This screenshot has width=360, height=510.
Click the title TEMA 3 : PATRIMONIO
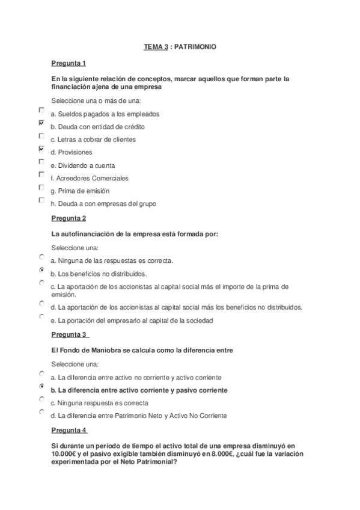[180, 46]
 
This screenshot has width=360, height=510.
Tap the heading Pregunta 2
[69, 218]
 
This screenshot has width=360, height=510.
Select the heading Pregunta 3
[69, 334]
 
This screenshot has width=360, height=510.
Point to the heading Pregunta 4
[69, 430]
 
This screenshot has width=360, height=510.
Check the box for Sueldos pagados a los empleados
[41, 110]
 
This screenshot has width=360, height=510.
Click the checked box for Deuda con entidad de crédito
[41, 123]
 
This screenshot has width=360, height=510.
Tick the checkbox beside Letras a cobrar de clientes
[41, 136]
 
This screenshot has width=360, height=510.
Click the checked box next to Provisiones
[41, 149]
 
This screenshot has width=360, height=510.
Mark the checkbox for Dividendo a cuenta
[41, 162]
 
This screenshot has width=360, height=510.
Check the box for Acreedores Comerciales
[41, 174]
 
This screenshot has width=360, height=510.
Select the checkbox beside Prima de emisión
[41, 187]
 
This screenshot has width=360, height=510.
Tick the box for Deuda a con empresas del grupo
[41, 200]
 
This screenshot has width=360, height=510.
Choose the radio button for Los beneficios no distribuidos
[41, 270]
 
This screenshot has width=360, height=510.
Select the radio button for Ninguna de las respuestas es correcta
[41, 257]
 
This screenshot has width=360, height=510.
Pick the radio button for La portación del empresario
[41, 316]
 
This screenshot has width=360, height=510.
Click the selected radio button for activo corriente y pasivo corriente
[41, 386]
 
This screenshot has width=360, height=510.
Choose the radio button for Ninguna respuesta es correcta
[41, 399]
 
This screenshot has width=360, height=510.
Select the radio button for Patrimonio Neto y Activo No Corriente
[41, 412]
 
